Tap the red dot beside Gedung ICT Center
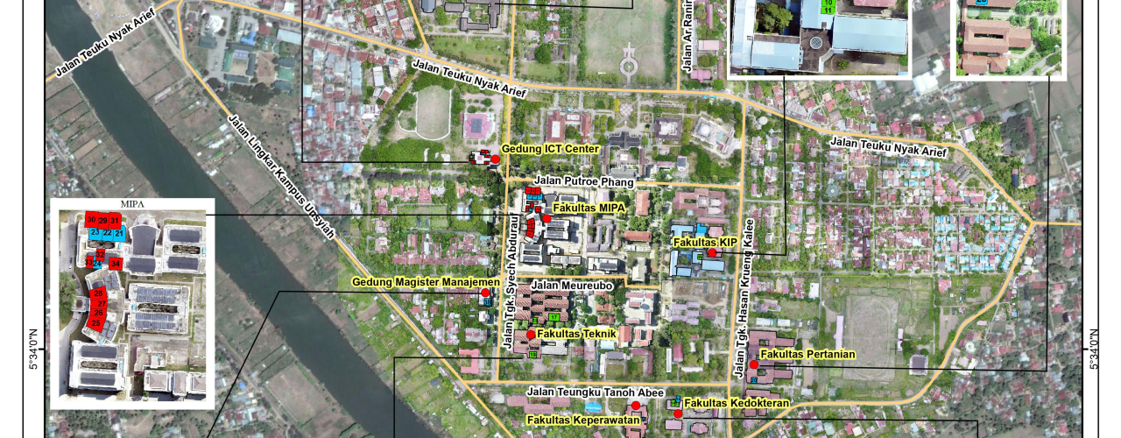pos(495,159)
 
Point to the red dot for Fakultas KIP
pos(713,252)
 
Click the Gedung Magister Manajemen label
pos(426,282)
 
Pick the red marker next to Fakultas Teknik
pos(531,335)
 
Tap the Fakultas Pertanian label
pos(807,354)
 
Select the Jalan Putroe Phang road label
pos(579,180)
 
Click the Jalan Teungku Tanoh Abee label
pos(596,392)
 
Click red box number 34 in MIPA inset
pos(115,263)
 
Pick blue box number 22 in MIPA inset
pos(107,233)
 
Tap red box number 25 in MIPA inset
pos(95,323)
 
